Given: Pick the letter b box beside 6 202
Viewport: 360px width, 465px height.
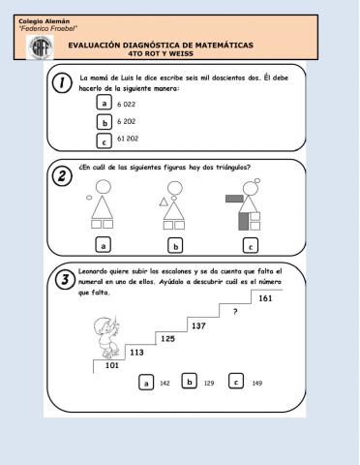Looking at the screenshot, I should point(104,122).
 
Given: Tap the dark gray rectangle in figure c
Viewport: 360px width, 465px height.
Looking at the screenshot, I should point(233,199).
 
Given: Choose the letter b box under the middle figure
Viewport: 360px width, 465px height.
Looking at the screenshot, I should point(175,245).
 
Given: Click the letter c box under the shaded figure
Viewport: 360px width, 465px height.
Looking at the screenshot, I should point(251,245).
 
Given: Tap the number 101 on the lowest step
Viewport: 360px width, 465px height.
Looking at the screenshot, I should point(111,366).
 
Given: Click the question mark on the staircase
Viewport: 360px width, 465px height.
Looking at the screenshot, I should point(235,312).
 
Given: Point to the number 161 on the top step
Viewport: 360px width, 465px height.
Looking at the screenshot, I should point(265,298).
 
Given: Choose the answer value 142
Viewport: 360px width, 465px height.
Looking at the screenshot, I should point(165,385).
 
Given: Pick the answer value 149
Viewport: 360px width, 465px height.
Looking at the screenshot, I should point(256,384).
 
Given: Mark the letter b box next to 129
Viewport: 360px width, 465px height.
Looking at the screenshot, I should point(190,382).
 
